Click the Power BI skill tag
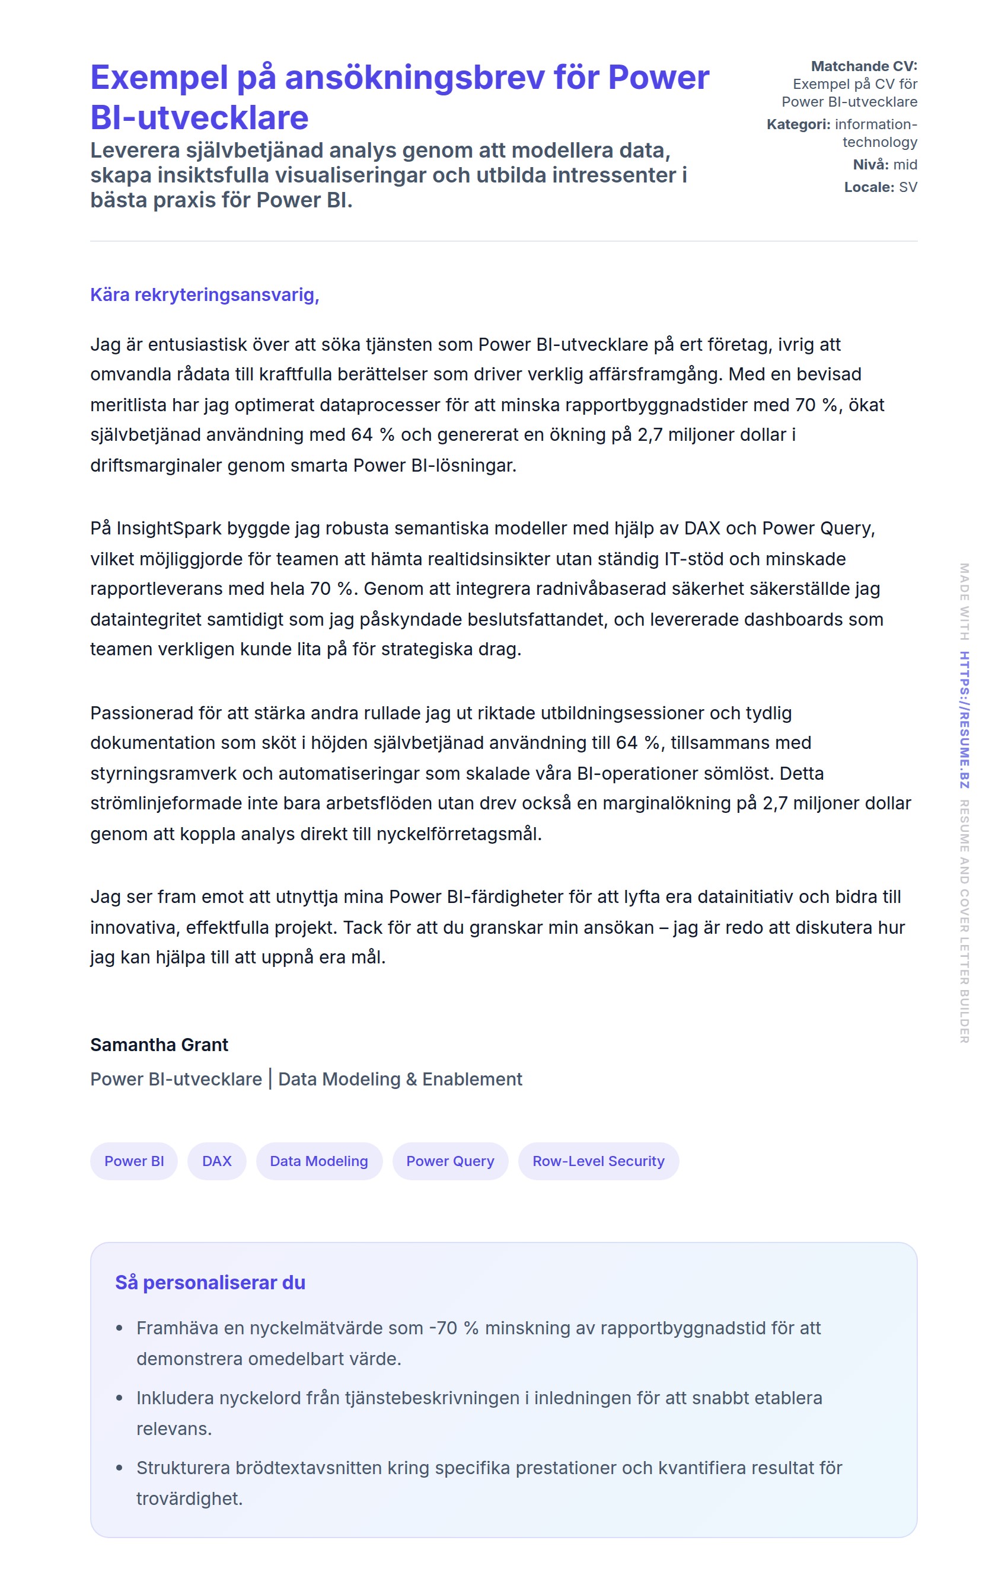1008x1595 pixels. point(134,1161)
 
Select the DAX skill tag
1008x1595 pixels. point(216,1161)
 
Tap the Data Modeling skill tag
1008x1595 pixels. point(319,1161)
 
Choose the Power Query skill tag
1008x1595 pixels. point(450,1161)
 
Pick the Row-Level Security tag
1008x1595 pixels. point(598,1161)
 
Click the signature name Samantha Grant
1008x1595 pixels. point(159,1045)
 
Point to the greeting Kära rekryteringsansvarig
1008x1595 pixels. point(204,294)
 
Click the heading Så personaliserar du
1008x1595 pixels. point(210,1282)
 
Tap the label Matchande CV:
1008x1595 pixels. point(863,66)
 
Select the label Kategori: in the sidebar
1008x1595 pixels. point(798,124)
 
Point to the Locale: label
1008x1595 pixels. point(869,187)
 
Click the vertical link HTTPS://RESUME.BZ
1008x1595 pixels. point(964,719)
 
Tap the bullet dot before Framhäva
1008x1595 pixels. point(119,1328)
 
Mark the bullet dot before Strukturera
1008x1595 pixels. point(119,1468)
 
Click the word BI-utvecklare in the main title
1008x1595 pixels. point(199,118)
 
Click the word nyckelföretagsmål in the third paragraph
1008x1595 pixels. point(458,833)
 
